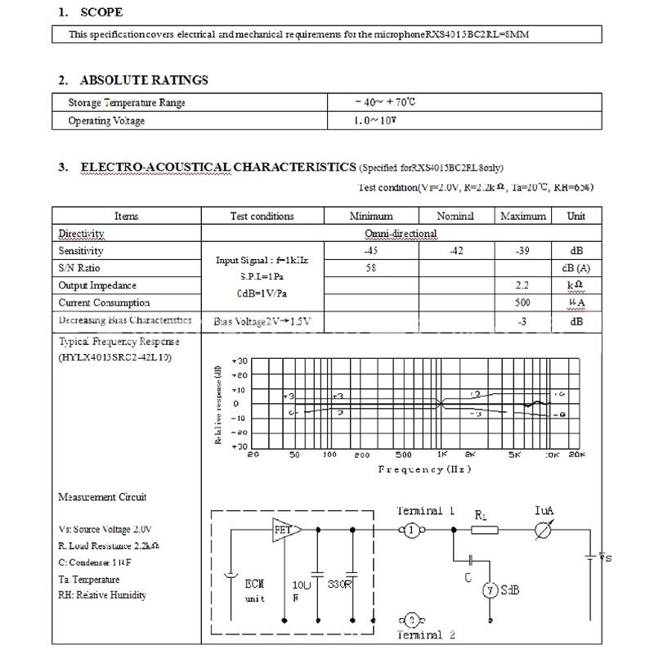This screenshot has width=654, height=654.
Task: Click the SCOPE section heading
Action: coord(102,12)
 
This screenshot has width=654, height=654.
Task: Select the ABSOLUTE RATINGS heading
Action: coord(144,80)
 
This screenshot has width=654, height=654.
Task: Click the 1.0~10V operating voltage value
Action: coord(375,121)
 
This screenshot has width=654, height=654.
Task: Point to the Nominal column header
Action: coord(455,216)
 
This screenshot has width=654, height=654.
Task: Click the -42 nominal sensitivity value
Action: coord(456,251)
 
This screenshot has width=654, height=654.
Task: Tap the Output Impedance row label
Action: coord(97,286)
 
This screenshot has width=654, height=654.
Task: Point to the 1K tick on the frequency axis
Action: coord(441,454)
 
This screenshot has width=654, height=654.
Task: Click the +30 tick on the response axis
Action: coord(240,361)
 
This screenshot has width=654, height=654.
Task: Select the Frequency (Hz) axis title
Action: coord(424,469)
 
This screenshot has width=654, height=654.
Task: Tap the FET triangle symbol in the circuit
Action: coord(283,530)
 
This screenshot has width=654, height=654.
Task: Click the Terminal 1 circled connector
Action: coord(413,531)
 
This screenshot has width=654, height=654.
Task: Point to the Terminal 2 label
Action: coord(425,635)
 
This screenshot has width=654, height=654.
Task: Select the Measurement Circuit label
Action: coord(103,497)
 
